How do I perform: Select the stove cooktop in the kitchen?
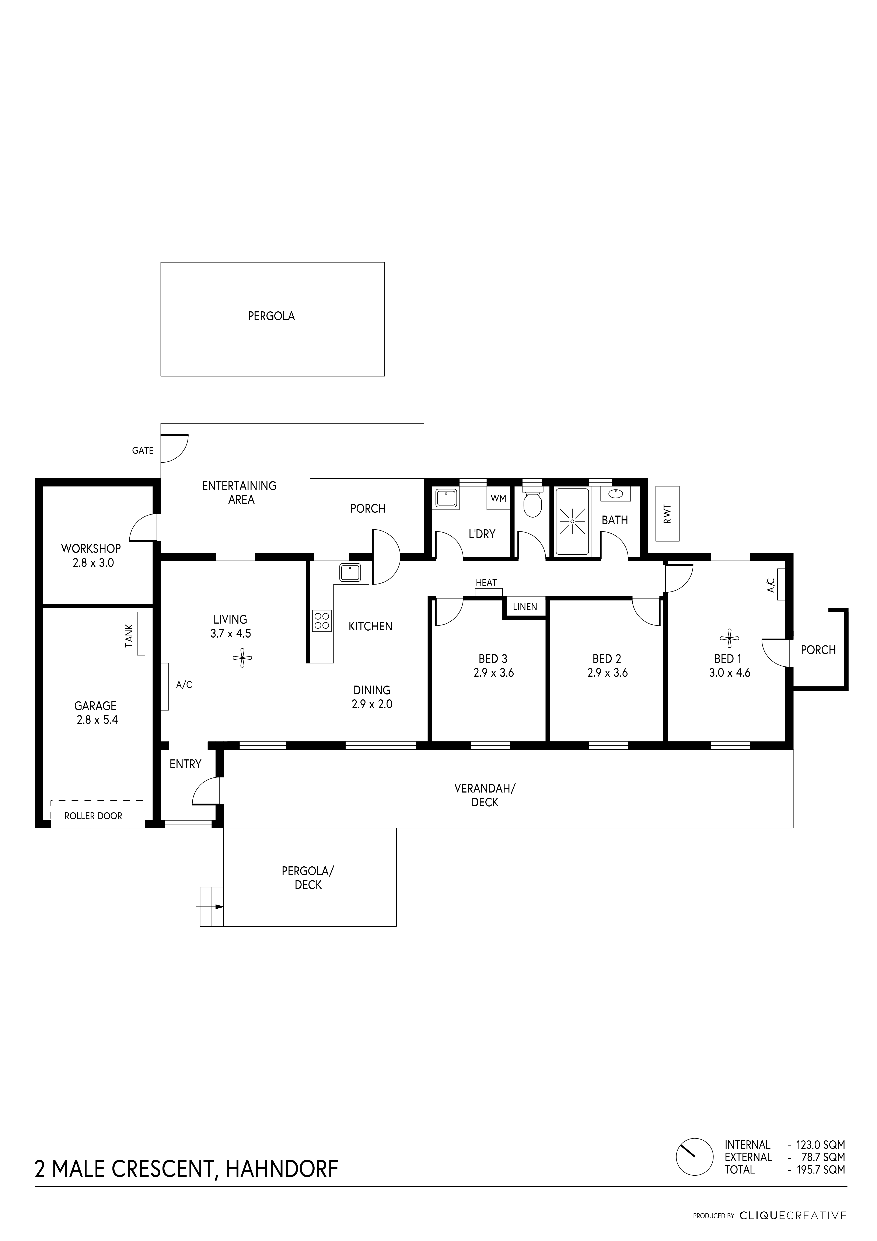click(322, 621)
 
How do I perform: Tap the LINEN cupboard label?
click(525, 607)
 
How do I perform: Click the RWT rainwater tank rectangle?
click(667, 513)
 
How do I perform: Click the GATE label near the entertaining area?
click(143, 450)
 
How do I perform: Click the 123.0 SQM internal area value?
click(820, 1145)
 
